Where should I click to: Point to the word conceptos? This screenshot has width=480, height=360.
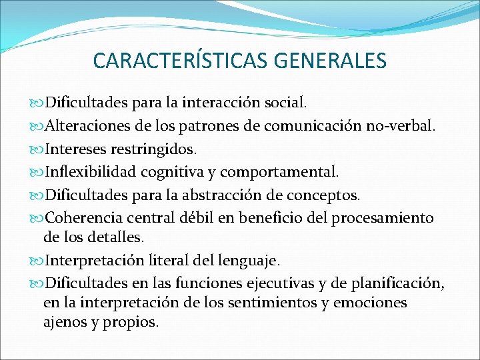tap(324, 195)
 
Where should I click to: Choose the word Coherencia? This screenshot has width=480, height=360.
tap(87, 218)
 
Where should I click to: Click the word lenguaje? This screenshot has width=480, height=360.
tap(257, 259)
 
